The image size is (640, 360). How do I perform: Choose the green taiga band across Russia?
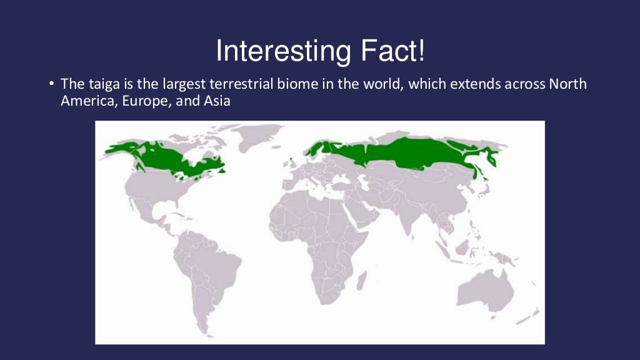tap(406, 153)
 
